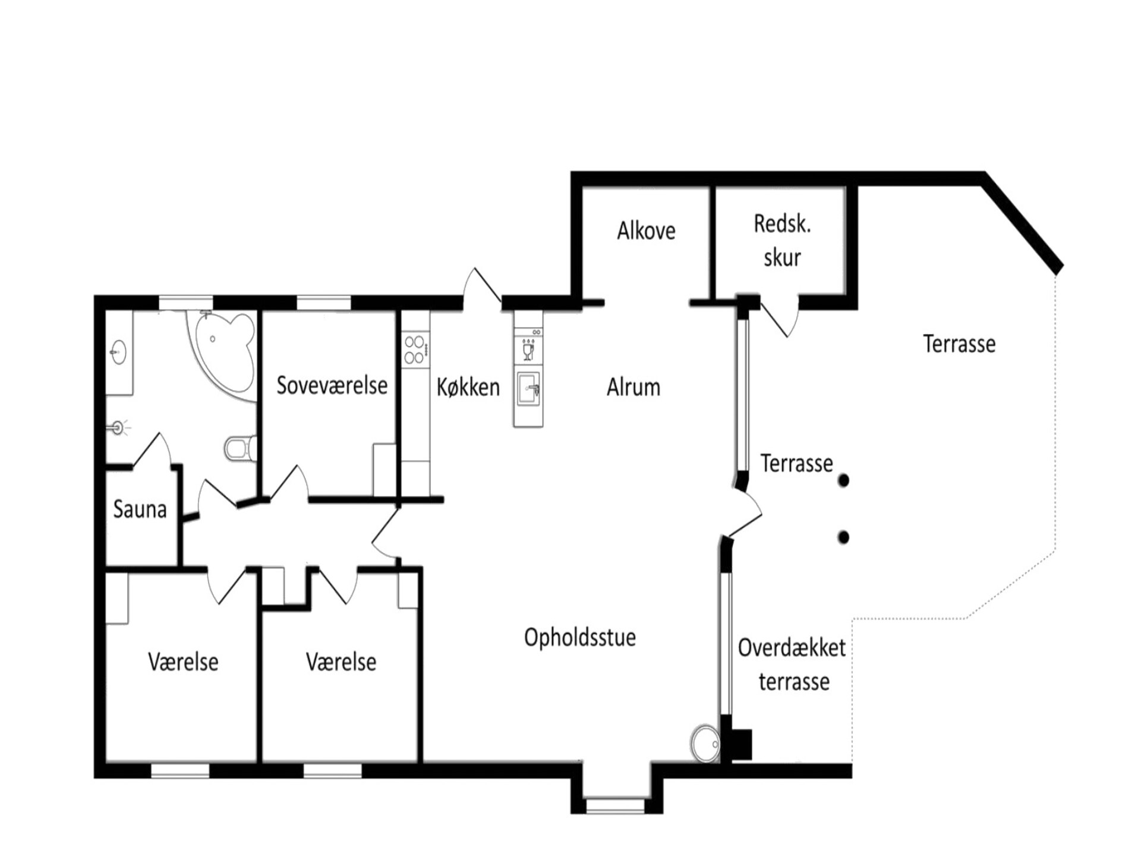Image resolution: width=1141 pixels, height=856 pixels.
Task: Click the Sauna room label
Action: click(140, 509)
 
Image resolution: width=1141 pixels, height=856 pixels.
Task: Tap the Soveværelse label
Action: click(332, 385)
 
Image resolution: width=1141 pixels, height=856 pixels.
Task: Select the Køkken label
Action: click(468, 387)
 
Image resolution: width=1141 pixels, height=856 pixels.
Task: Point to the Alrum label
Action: click(633, 387)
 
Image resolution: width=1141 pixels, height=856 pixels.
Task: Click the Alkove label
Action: click(646, 231)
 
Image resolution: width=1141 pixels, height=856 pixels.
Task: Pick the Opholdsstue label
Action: click(580, 638)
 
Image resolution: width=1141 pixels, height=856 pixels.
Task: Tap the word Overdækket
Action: click(792, 648)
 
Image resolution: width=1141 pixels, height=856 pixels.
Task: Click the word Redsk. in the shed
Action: click(782, 224)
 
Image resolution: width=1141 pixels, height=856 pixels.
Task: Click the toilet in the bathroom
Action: click(241, 449)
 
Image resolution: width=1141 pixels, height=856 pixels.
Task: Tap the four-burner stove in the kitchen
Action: click(415, 350)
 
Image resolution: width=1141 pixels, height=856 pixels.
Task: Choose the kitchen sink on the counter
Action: click(528, 389)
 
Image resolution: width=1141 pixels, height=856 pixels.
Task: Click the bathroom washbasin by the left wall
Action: click(119, 353)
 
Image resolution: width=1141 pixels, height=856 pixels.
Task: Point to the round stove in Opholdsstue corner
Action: click(705, 743)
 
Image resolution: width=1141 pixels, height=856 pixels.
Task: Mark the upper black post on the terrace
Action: click(843, 480)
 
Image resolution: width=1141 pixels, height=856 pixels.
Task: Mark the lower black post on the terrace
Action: click(843, 537)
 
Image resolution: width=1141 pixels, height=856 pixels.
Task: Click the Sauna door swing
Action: click(153, 449)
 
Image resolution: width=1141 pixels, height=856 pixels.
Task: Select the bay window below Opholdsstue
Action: click(616, 805)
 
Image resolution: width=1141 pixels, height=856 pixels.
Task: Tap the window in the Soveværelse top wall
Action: click(324, 303)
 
